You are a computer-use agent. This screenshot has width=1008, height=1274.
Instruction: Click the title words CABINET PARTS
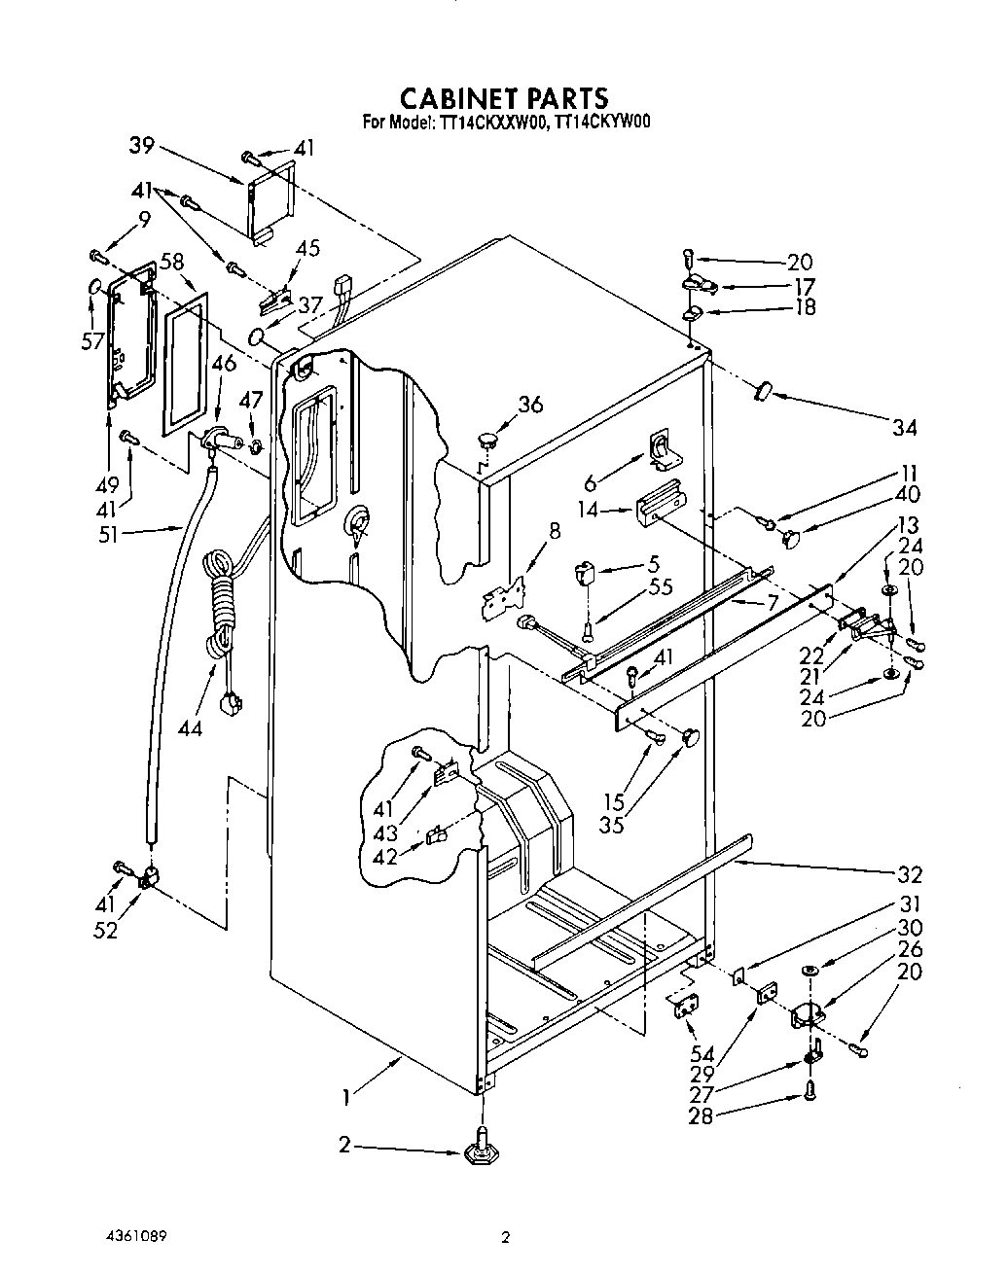coord(505,98)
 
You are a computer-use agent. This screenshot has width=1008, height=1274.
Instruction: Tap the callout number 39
coord(142,146)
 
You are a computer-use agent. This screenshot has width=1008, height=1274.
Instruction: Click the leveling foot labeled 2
coord(481,1152)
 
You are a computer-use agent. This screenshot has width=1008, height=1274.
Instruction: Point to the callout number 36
coord(530,406)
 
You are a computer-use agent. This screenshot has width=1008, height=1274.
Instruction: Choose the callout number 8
coord(555,531)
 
